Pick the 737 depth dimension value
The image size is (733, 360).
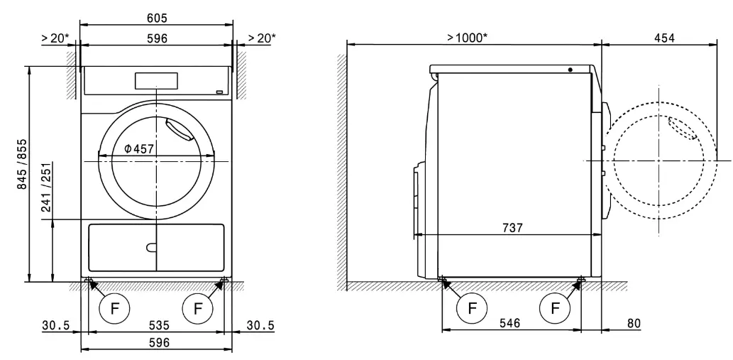pyautogui.click(x=512, y=228)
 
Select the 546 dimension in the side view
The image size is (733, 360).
pyautogui.click(x=509, y=323)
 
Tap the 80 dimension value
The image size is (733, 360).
pyautogui.click(x=633, y=323)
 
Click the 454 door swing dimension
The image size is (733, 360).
pyautogui.click(x=665, y=37)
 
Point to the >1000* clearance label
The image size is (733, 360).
pyautogui.click(x=467, y=37)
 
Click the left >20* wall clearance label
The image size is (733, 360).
pyautogui.click(x=55, y=38)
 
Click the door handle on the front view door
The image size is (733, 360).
pyautogui.click(x=177, y=130)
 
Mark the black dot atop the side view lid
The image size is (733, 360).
pyautogui.click(x=570, y=70)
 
